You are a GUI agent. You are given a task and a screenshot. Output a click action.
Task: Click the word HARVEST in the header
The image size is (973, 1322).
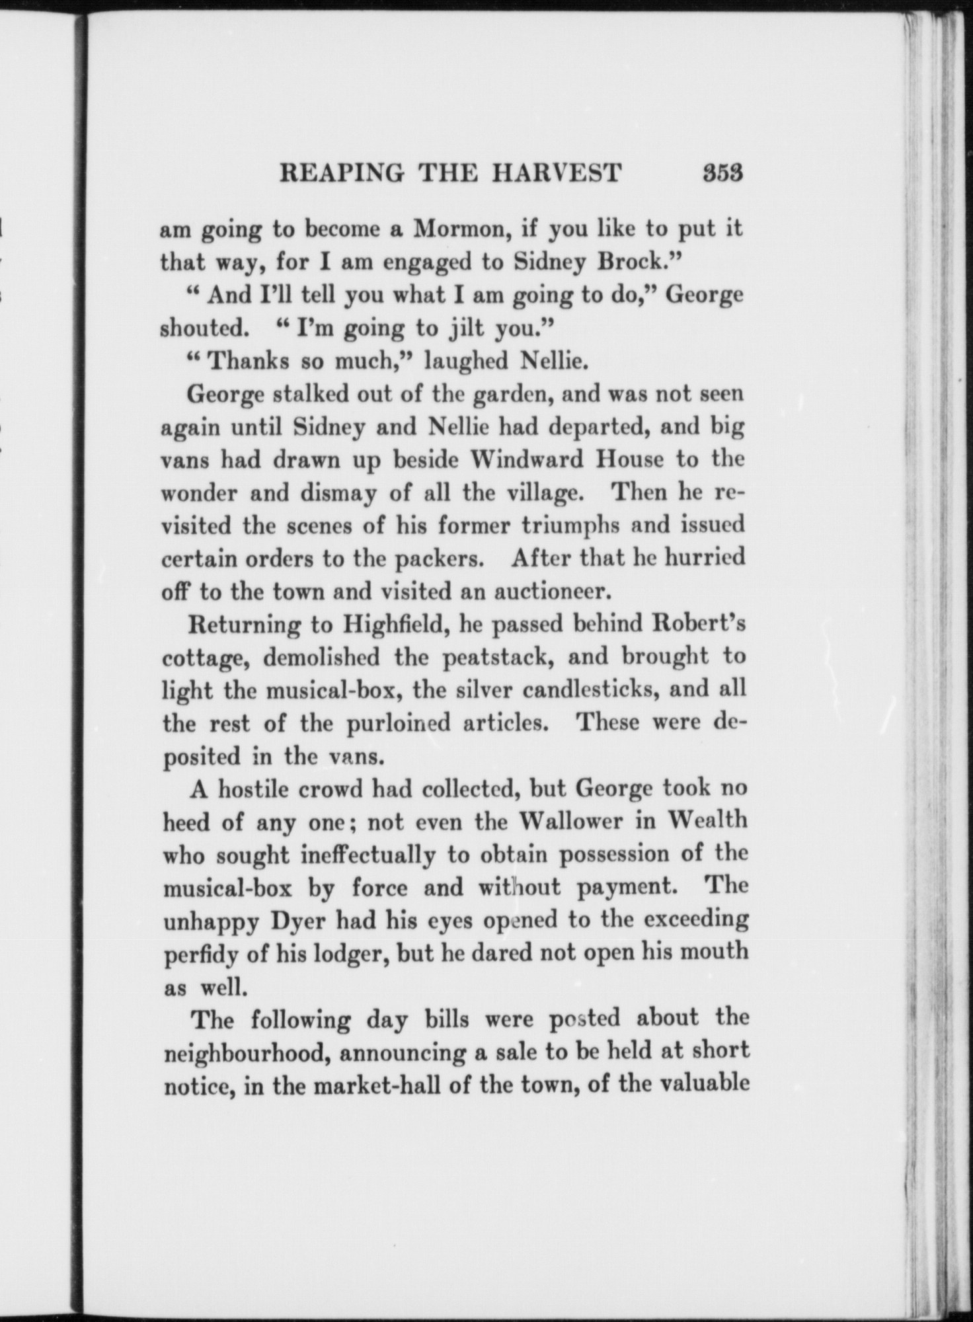coord(555,173)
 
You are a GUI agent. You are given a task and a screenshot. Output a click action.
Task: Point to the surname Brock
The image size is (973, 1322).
coord(637,262)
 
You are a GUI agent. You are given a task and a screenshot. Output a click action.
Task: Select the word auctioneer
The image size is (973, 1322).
coord(550,590)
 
